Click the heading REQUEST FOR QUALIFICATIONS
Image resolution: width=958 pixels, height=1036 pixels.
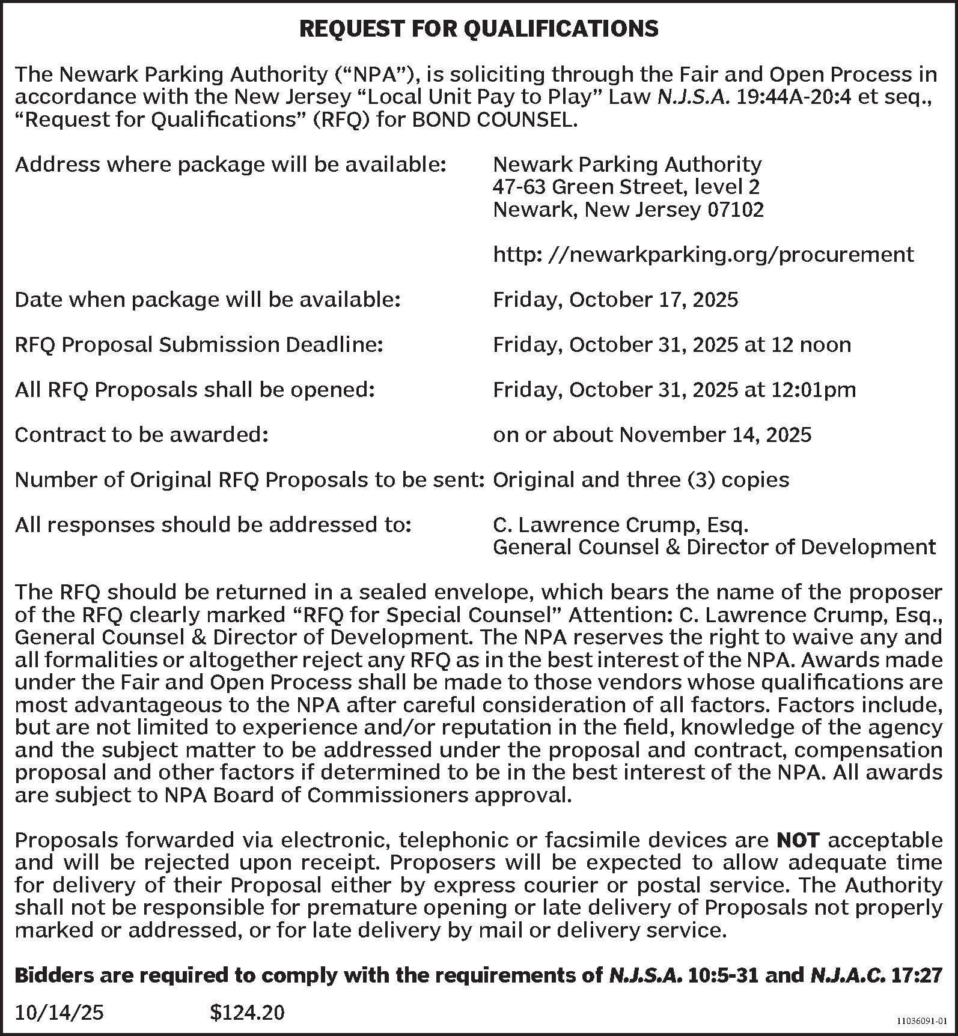click(x=478, y=28)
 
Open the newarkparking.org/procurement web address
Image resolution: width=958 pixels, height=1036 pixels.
click(x=703, y=255)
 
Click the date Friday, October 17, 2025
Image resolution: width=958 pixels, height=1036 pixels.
click(x=615, y=300)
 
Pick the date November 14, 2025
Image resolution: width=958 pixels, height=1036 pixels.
click(x=715, y=435)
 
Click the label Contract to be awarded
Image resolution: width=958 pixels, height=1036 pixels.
click(x=141, y=435)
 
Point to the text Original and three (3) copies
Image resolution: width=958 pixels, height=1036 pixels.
click(x=641, y=480)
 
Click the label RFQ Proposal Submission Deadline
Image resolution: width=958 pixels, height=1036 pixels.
click(x=198, y=345)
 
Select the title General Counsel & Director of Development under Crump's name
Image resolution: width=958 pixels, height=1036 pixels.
click(x=714, y=547)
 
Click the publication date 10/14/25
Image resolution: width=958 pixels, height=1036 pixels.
click(x=59, y=1013)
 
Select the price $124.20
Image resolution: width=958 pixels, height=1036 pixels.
click(x=247, y=1013)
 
